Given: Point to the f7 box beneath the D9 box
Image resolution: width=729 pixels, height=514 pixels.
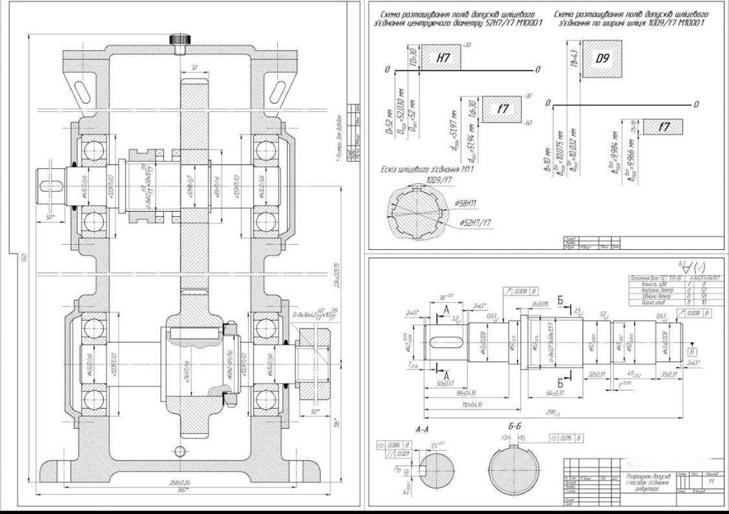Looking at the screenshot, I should point(664,126).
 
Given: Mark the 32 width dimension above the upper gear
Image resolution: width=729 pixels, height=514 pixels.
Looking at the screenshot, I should point(194,68).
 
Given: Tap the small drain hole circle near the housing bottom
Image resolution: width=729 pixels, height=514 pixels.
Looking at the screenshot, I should point(179,451).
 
